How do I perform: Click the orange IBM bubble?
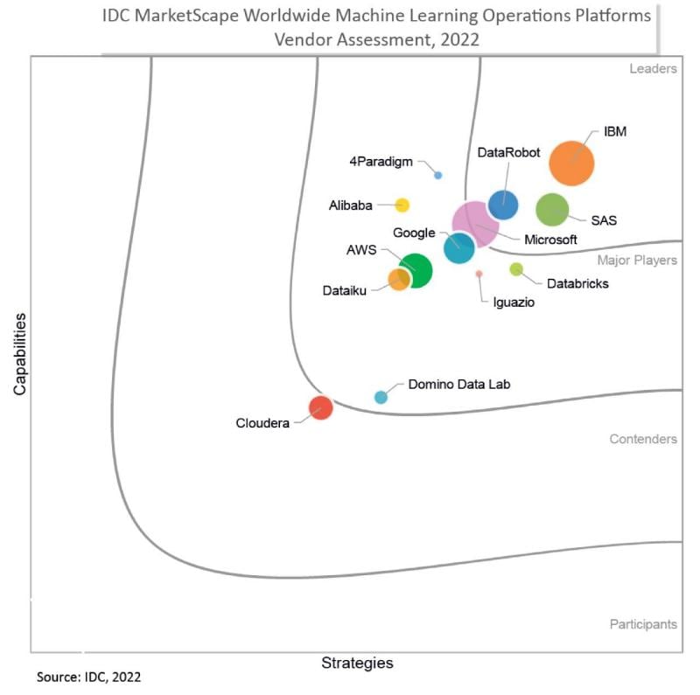[571, 163]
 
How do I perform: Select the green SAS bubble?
[552, 210]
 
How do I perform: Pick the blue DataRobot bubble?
[503, 205]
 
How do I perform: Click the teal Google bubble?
[458, 248]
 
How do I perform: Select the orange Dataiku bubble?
[399, 280]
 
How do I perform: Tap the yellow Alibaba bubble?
[402, 205]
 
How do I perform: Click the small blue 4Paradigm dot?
[438, 175]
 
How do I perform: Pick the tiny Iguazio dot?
[479, 274]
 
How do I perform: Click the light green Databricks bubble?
[516, 269]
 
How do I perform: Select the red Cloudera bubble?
[321, 407]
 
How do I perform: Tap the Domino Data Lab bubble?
[381, 397]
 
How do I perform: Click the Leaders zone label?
[653, 69]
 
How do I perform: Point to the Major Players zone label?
[637, 260]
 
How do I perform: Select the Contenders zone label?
[643, 439]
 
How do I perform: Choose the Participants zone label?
[643, 624]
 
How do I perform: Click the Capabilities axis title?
[20, 353]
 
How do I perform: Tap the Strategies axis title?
[357, 663]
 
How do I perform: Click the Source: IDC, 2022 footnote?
[88, 678]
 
